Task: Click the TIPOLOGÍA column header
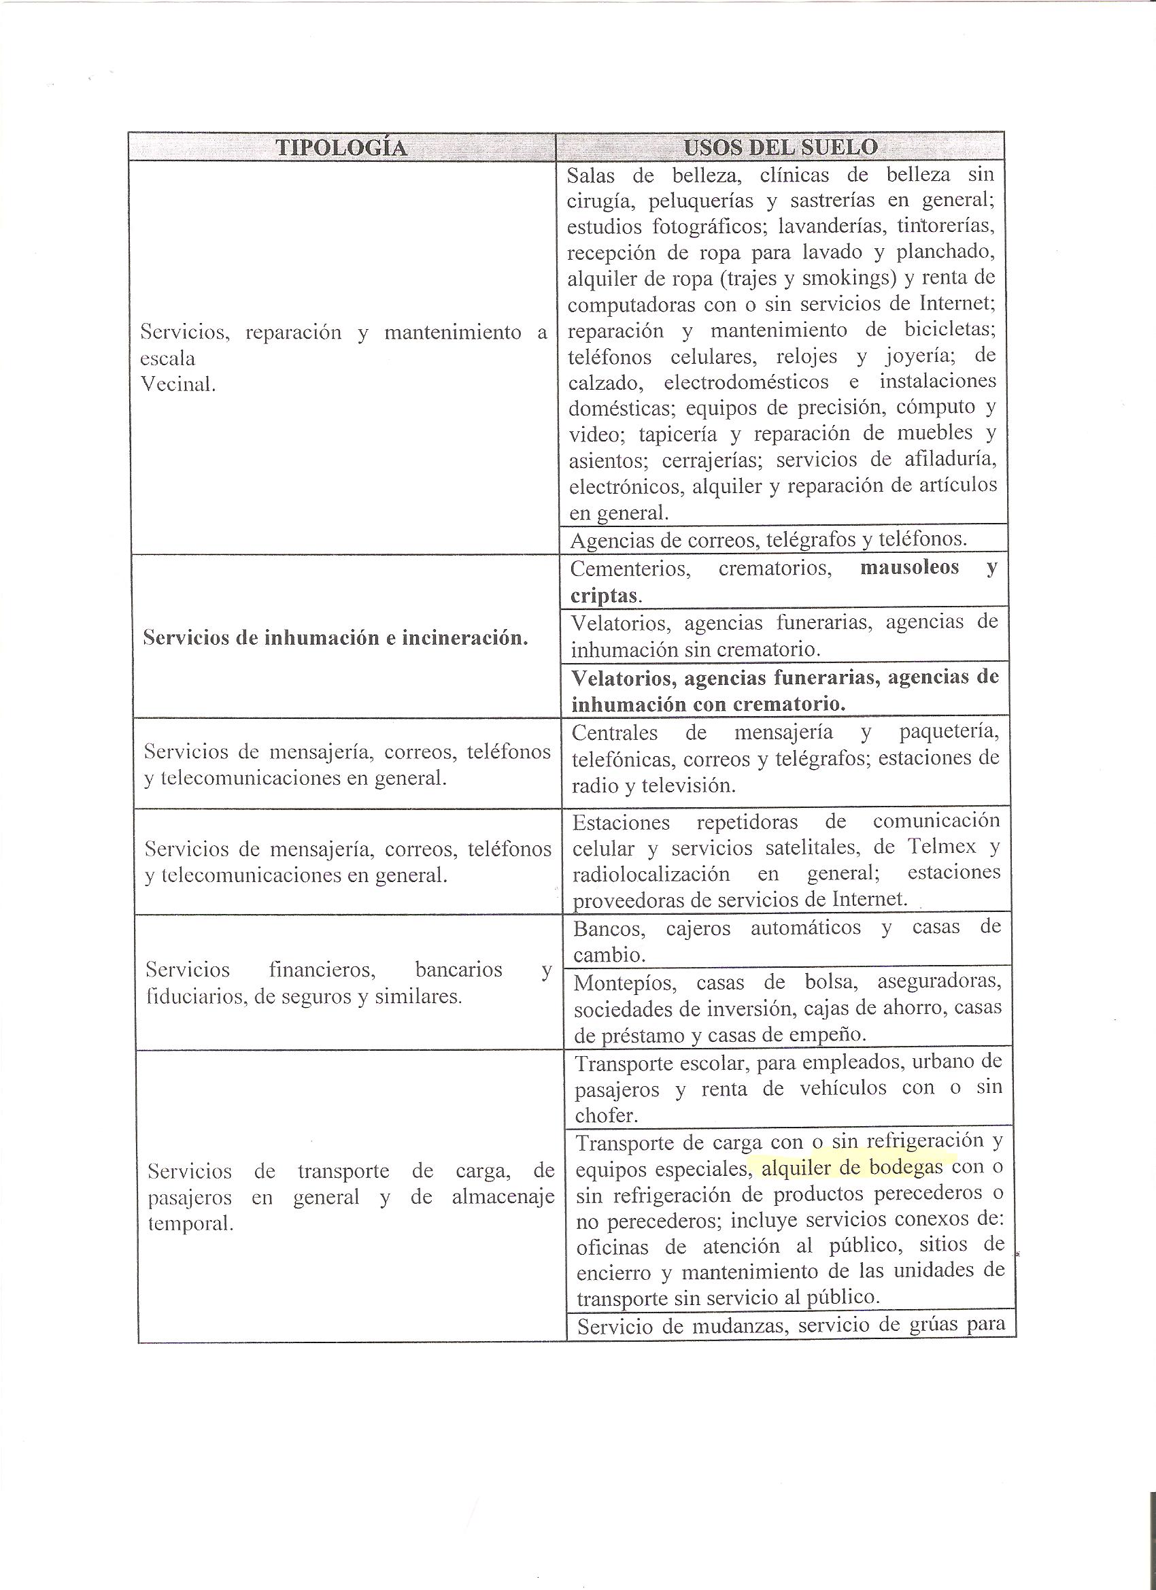341,147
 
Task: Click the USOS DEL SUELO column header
780,147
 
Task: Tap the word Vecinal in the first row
178,384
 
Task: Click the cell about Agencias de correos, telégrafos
768,539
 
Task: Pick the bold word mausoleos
908,567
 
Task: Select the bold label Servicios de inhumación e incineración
335,638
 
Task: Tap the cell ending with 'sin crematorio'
784,635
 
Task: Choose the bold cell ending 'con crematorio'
784,690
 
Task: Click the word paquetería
949,732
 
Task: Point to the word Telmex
941,847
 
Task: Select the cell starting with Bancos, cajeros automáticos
786,941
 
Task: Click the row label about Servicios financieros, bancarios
348,983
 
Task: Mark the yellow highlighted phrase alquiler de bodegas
852,1168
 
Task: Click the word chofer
605,1115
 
